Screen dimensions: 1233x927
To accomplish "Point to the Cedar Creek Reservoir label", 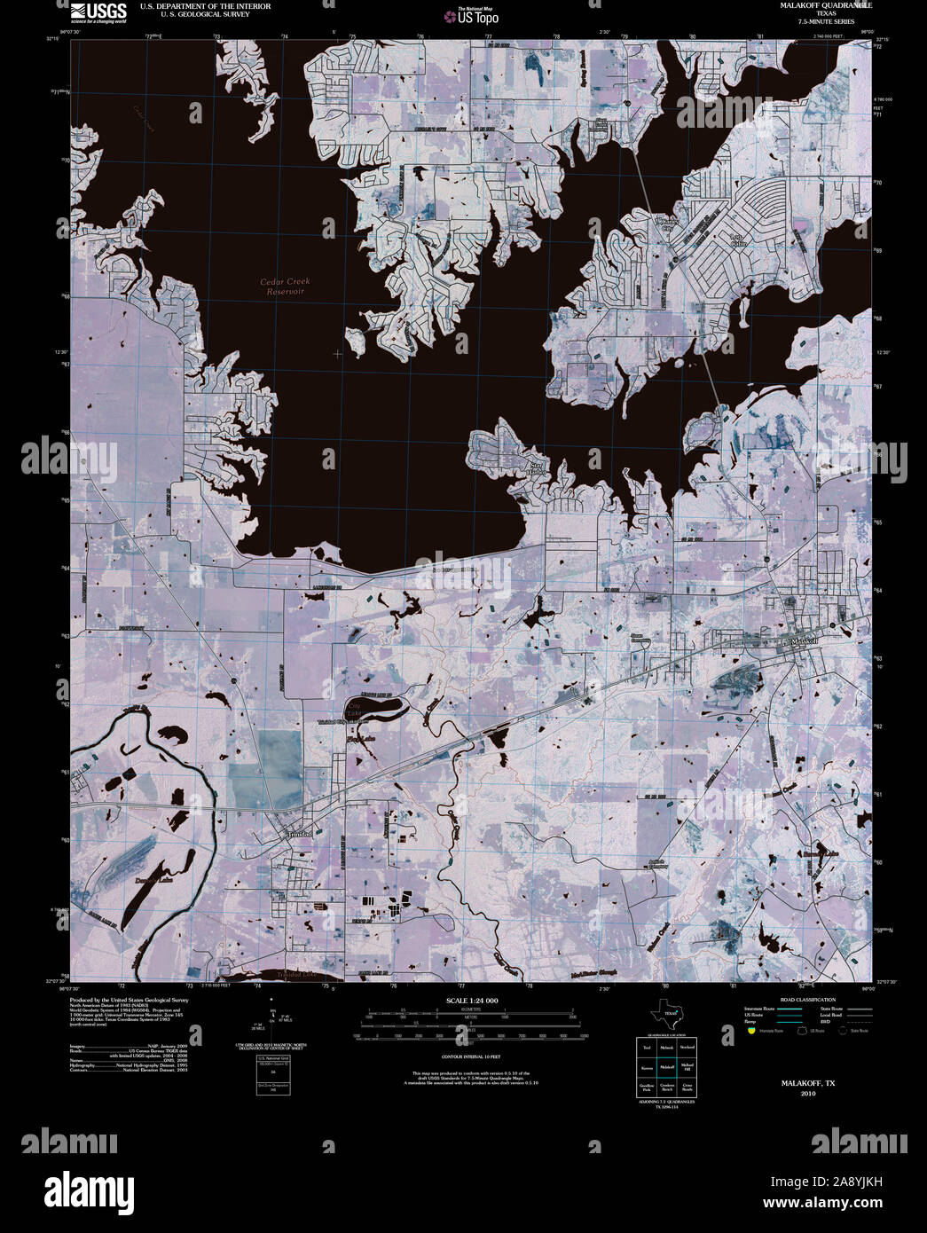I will click(x=285, y=287).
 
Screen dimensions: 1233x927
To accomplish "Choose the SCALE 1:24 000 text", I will click(x=473, y=1001).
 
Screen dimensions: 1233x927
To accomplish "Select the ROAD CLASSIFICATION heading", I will click(x=802, y=1000).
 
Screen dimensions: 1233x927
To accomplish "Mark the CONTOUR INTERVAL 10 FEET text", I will click(x=473, y=1057).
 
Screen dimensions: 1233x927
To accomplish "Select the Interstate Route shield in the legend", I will click(x=751, y=1031).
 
